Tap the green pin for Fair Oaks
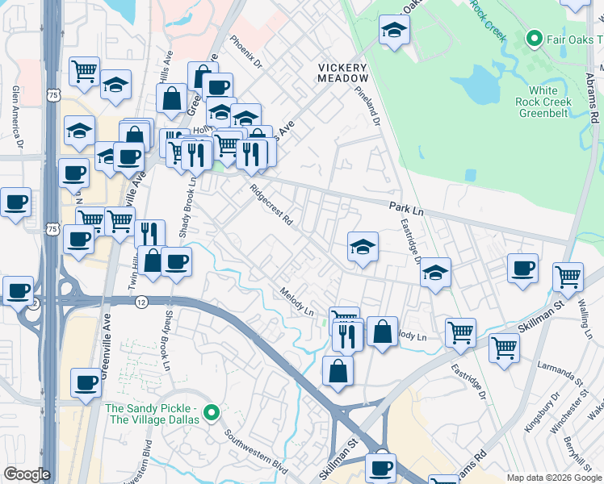point(533,38)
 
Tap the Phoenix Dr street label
point(246,52)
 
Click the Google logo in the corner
point(27,474)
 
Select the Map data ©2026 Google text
point(554,477)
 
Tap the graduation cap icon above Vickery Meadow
point(394,31)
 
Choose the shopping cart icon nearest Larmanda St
point(504,348)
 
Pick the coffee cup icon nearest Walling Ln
point(523,269)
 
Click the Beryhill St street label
point(580,444)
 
